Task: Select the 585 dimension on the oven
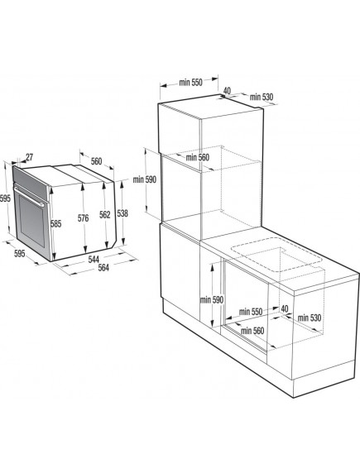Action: point(55,222)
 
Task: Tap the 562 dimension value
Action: point(104,215)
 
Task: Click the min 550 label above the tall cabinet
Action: point(191,83)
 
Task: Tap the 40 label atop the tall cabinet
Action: point(226,91)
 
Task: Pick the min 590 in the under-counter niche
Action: point(211,300)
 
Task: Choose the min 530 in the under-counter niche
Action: point(310,318)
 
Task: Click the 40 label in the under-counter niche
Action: point(284,308)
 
